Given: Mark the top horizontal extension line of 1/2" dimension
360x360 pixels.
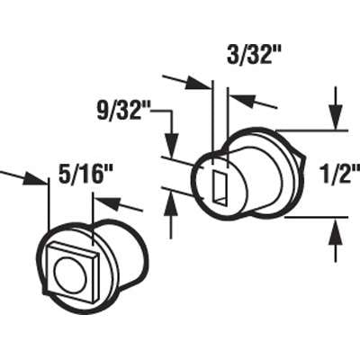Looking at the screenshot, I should (x=301, y=129).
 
